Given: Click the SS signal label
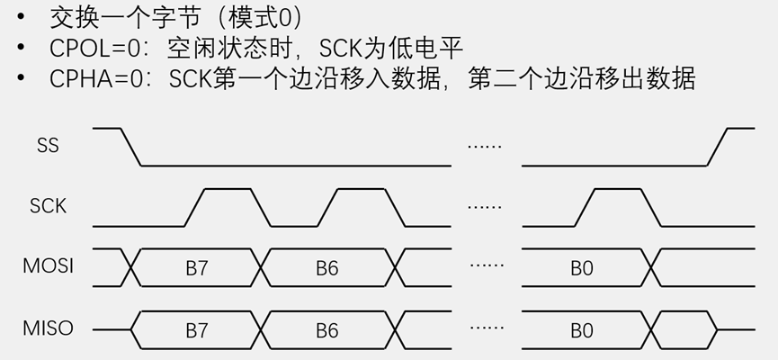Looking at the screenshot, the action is click(x=49, y=145).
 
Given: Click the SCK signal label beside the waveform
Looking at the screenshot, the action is click(x=49, y=206).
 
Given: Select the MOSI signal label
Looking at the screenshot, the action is click(x=49, y=266).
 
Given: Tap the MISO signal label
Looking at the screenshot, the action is click(x=49, y=328).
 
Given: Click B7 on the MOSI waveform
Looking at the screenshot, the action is click(x=197, y=268).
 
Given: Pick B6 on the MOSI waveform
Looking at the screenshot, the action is click(x=326, y=268).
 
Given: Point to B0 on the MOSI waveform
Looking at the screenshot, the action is click(x=582, y=268).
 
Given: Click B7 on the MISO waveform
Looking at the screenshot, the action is click(x=197, y=330).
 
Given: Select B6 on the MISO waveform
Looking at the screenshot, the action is click(x=326, y=330).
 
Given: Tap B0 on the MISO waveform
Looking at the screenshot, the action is click(x=582, y=330).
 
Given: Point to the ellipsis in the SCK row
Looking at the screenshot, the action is click(x=485, y=207).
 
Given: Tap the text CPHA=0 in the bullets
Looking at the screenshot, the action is click(x=90, y=78).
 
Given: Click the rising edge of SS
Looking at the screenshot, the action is click(x=718, y=148).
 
